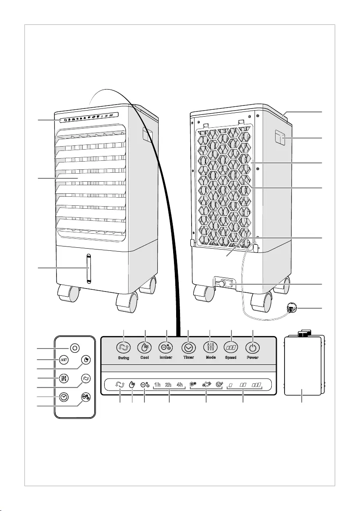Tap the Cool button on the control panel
point(145,347)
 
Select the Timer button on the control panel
point(188,347)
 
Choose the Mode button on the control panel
point(210,347)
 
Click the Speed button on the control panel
point(231,347)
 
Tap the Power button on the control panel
point(253,347)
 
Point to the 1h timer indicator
point(157,385)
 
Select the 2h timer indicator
point(168,385)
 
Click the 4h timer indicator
point(180,385)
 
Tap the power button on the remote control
point(75,348)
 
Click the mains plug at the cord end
point(291,308)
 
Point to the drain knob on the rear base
point(222,284)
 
